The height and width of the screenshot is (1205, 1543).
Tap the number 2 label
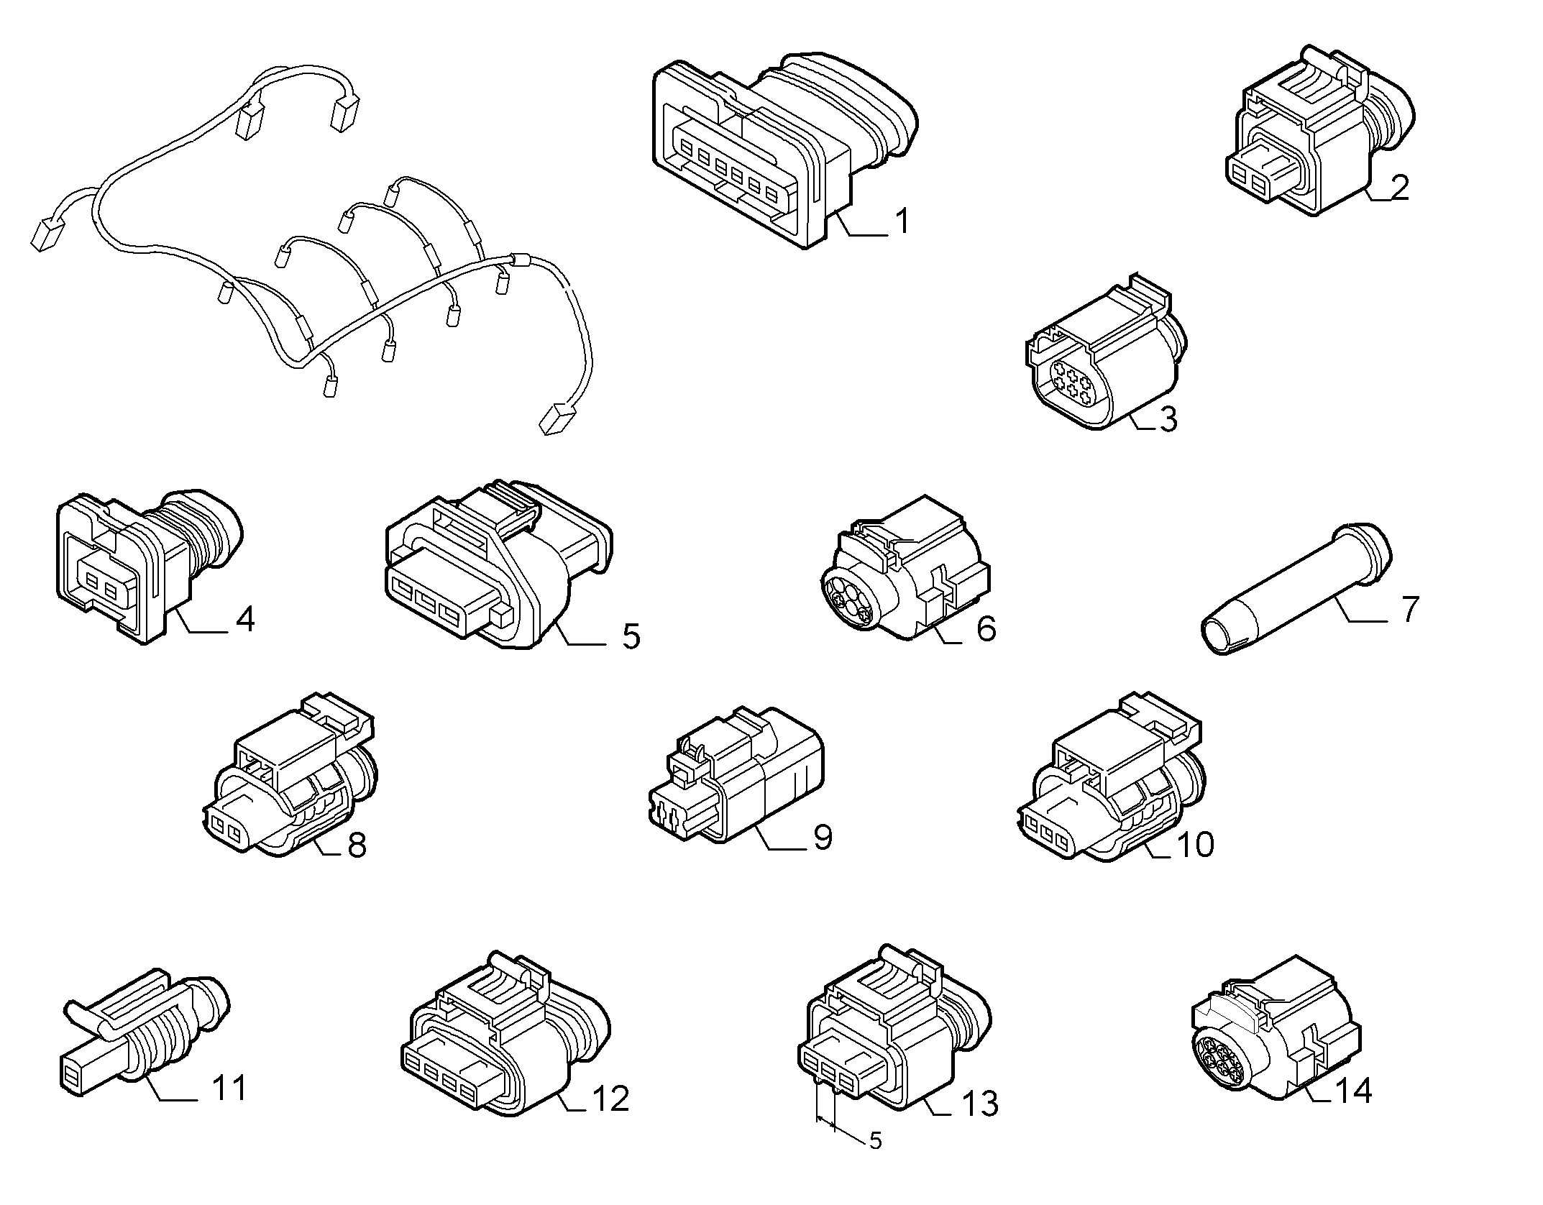coord(1398,187)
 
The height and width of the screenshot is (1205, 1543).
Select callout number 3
coord(1168,419)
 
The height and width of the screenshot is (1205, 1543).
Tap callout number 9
coord(822,836)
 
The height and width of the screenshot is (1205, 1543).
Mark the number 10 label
coord(1194,843)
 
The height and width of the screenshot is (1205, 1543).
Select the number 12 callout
coord(610,1098)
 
